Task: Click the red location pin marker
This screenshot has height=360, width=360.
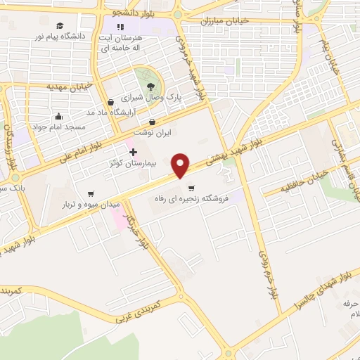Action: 181,165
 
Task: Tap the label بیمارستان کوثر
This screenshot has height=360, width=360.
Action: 105,163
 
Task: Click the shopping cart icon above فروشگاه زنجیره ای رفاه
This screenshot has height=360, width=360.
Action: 191,188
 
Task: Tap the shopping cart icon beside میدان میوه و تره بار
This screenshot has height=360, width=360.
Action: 91,193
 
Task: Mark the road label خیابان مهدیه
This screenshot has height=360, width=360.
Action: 70,86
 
